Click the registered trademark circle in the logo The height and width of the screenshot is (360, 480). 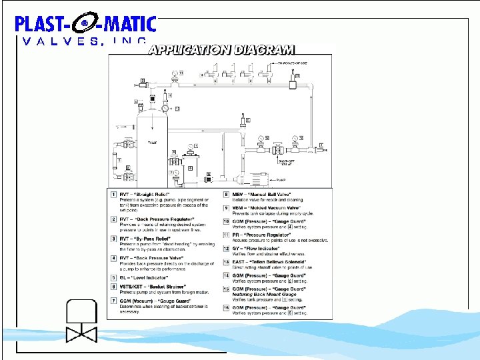point(85,25)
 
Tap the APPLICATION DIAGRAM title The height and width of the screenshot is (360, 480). point(221,49)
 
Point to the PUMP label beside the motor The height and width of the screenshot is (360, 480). point(281,179)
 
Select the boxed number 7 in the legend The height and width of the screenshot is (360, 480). point(113,301)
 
